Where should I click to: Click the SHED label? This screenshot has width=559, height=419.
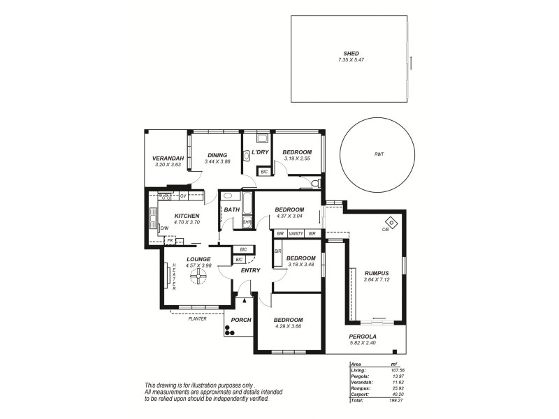pos(351,53)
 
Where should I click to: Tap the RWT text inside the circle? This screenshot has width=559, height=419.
pos(379,154)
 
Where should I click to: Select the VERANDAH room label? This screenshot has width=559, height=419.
pos(168,159)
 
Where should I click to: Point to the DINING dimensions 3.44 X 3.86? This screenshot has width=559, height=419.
pos(217,162)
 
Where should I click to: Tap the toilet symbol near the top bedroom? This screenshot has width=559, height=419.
pos(316,183)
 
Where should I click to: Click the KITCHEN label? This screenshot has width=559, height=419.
pos(187,216)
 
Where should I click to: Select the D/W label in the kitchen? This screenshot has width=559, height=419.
pos(164,228)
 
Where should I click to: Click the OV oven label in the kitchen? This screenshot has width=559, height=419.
pos(183,196)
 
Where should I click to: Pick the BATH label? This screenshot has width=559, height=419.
pos(232,209)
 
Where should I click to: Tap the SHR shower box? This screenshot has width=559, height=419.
pos(247,222)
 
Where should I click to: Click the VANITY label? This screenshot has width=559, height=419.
pos(296,233)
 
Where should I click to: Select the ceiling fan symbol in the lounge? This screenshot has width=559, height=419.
pos(198,278)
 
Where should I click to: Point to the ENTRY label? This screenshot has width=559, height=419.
pos(250,270)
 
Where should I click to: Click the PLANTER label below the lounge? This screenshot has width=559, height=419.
pos(196,318)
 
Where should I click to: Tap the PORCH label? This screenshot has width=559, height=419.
pos(240,320)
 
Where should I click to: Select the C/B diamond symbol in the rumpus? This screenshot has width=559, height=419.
pos(391,223)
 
